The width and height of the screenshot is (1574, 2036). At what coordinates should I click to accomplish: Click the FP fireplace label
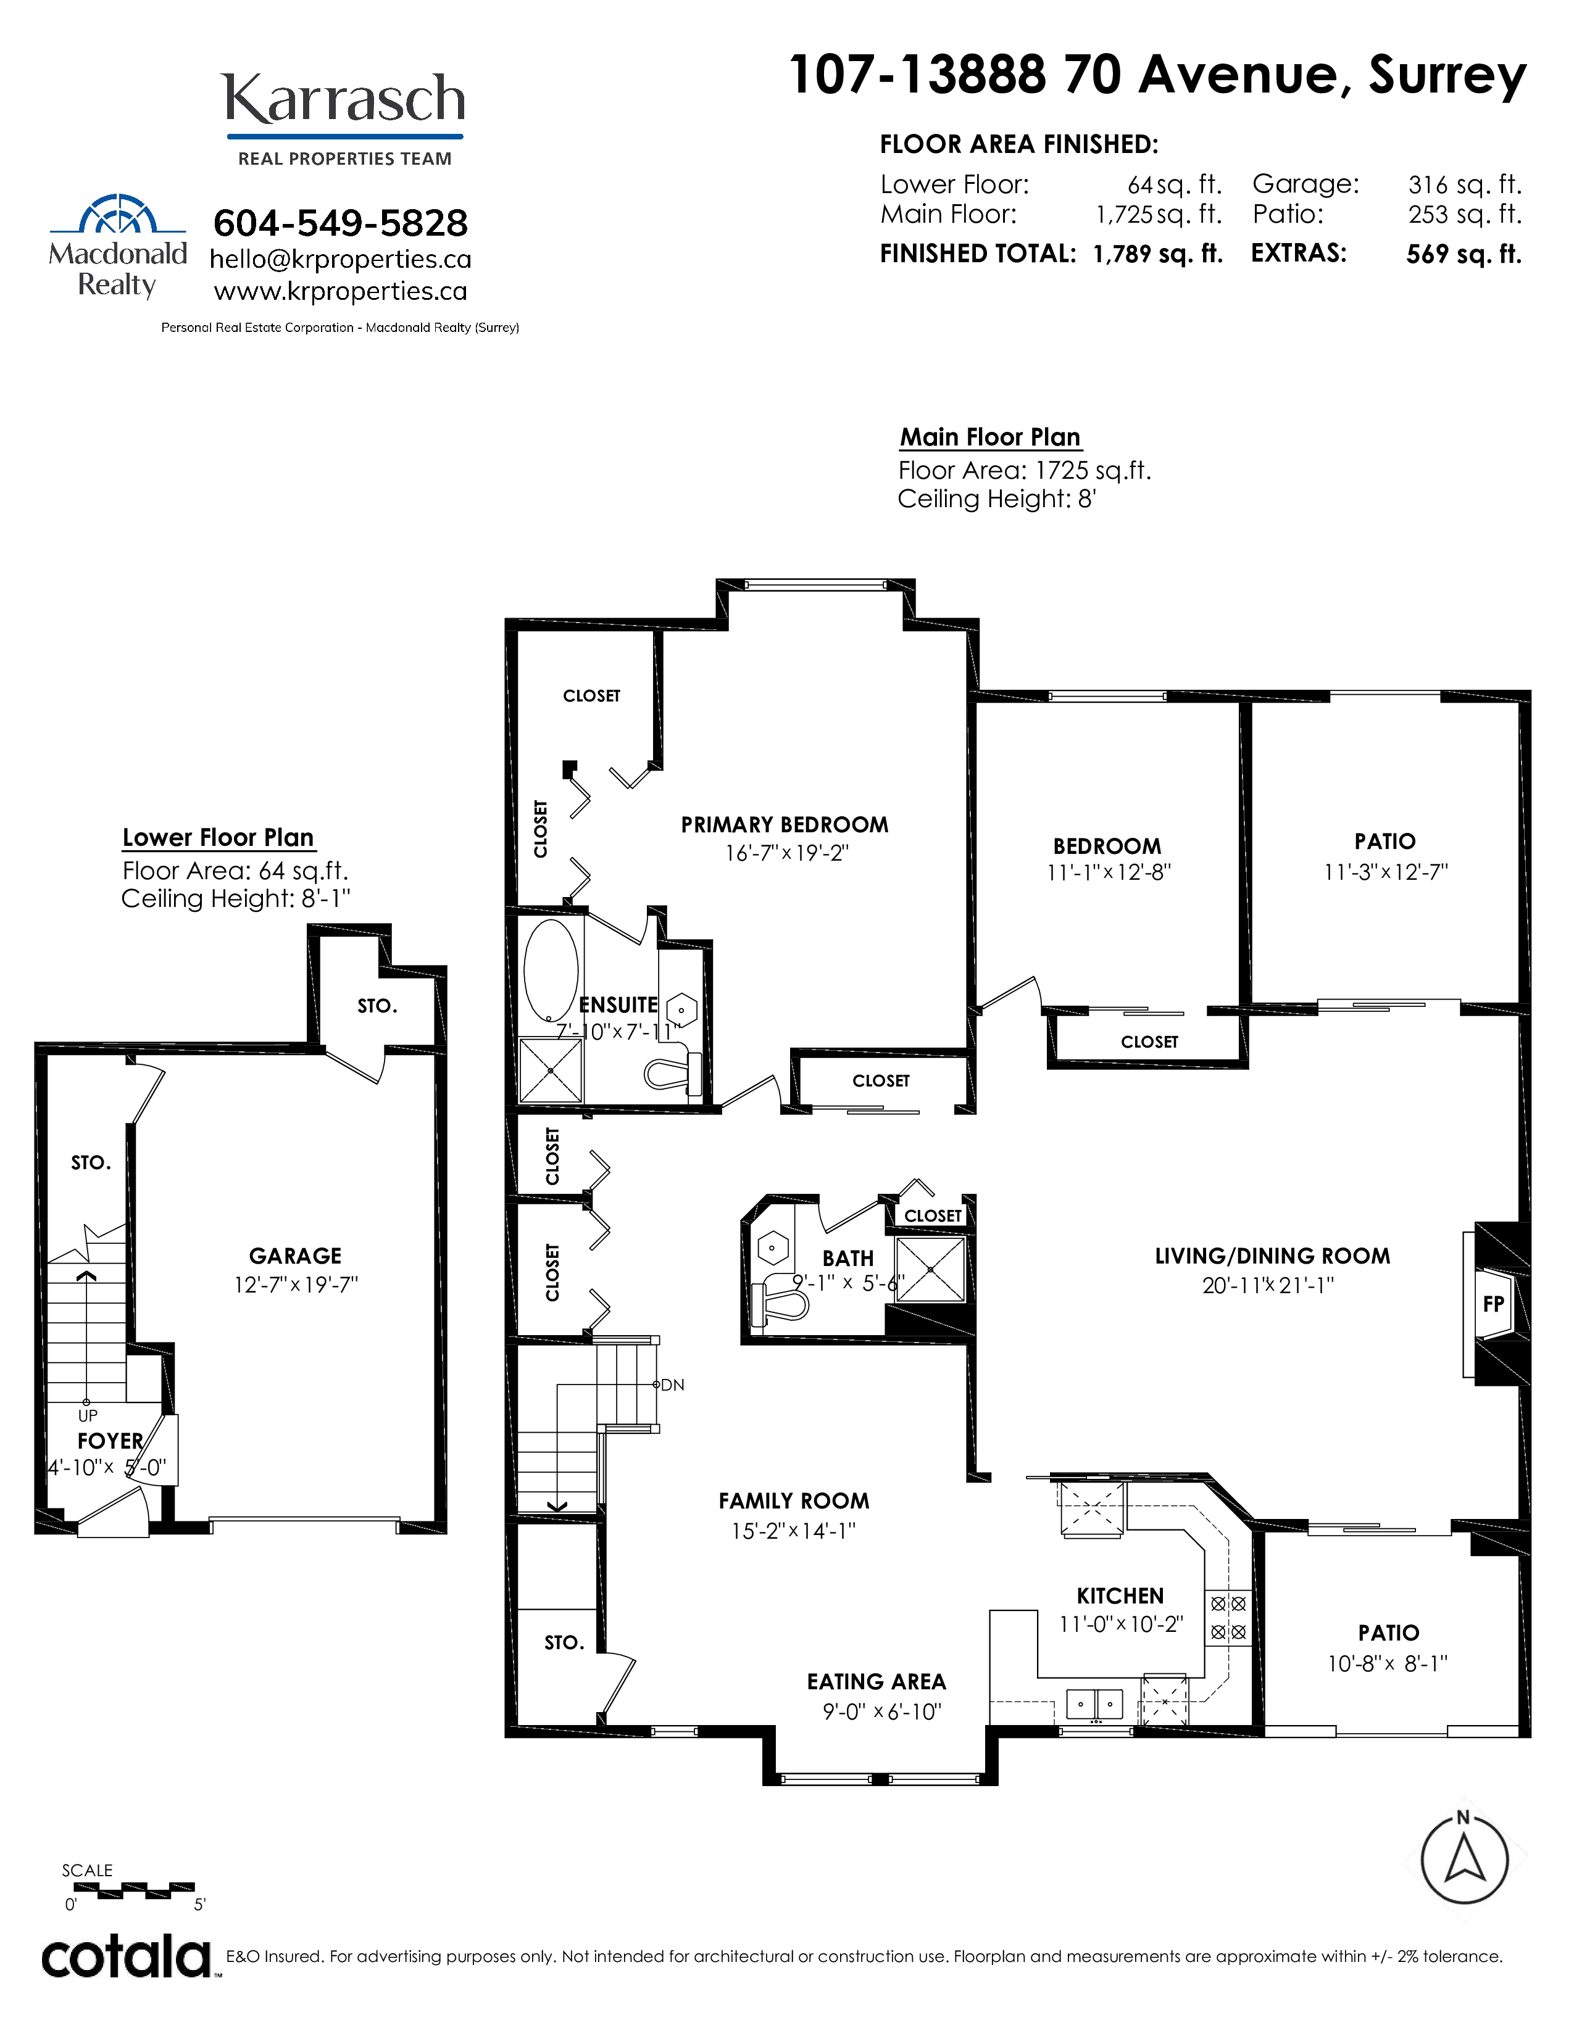(1494, 1303)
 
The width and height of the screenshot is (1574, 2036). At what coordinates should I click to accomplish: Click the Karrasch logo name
(344, 100)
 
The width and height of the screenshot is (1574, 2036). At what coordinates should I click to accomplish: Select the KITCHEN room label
(1120, 1596)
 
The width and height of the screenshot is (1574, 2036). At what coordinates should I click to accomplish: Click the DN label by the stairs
(672, 1385)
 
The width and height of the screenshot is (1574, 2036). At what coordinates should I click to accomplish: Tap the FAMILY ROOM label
(794, 1501)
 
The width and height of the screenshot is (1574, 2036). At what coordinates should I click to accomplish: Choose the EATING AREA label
(877, 1682)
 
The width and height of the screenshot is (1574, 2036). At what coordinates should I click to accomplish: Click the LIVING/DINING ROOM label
(1273, 1256)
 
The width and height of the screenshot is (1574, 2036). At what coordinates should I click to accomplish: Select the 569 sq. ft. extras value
(1464, 254)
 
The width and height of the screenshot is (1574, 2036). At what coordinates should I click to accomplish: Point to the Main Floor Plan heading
(990, 437)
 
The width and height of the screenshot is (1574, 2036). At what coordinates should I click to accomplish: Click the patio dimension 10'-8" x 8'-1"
(1388, 1663)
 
